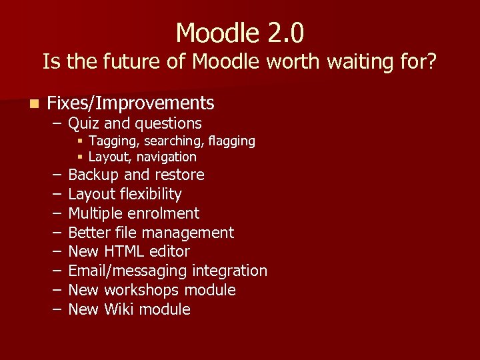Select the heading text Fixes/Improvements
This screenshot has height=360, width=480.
pos(131,103)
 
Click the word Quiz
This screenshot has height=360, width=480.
pos(84,123)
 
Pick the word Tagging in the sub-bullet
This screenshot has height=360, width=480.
pos(110,141)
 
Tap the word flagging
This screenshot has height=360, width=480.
pos(231,141)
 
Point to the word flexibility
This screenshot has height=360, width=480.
pos(150,195)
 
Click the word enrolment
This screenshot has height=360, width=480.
pos(167,213)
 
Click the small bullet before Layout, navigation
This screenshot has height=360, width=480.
pos(79,157)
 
